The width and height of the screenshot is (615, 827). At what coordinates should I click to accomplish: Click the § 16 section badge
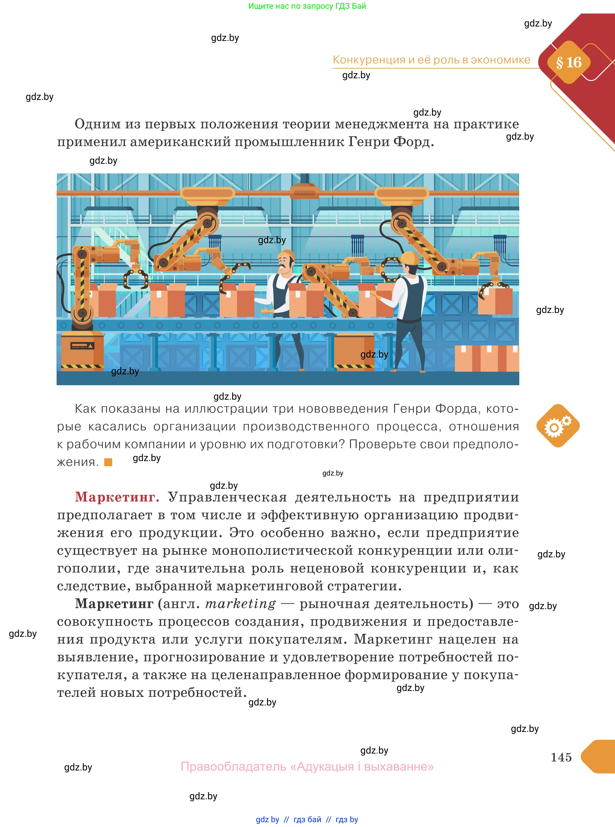(568, 63)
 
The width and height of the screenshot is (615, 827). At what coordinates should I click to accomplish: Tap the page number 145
(561, 757)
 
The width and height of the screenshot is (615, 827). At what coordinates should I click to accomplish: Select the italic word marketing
(241, 603)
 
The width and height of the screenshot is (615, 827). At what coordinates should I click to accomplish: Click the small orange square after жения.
(108, 462)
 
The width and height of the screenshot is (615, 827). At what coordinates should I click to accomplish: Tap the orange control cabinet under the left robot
(82, 350)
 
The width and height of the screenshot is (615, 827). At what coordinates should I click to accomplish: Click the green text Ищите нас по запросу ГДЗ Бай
(307, 6)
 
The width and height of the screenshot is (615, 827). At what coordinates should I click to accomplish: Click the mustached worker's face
(284, 265)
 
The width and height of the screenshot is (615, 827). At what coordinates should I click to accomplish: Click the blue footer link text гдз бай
(307, 819)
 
